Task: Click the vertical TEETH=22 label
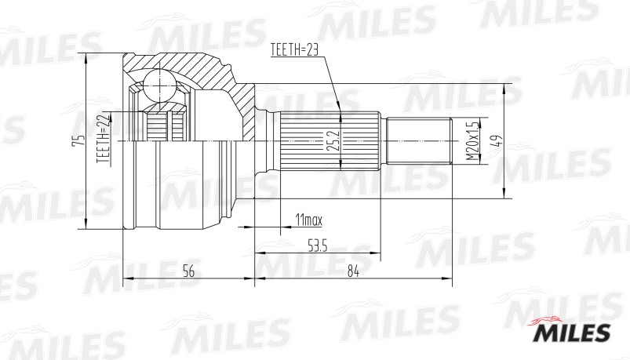pyautogui.click(x=101, y=140)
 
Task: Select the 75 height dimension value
pyautogui.click(x=76, y=141)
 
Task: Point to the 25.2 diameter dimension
pyautogui.click(x=333, y=140)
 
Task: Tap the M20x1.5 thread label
pyautogui.click(x=471, y=141)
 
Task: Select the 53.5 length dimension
pyautogui.click(x=318, y=247)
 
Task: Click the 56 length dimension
pyautogui.click(x=188, y=271)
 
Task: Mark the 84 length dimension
pyautogui.click(x=352, y=271)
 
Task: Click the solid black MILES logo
pyautogui.click(x=572, y=333)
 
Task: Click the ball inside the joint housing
pyautogui.click(x=159, y=84)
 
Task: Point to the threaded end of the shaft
pyautogui.click(x=418, y=141)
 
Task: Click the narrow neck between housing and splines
pyautogui.click(x=265, y=141)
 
